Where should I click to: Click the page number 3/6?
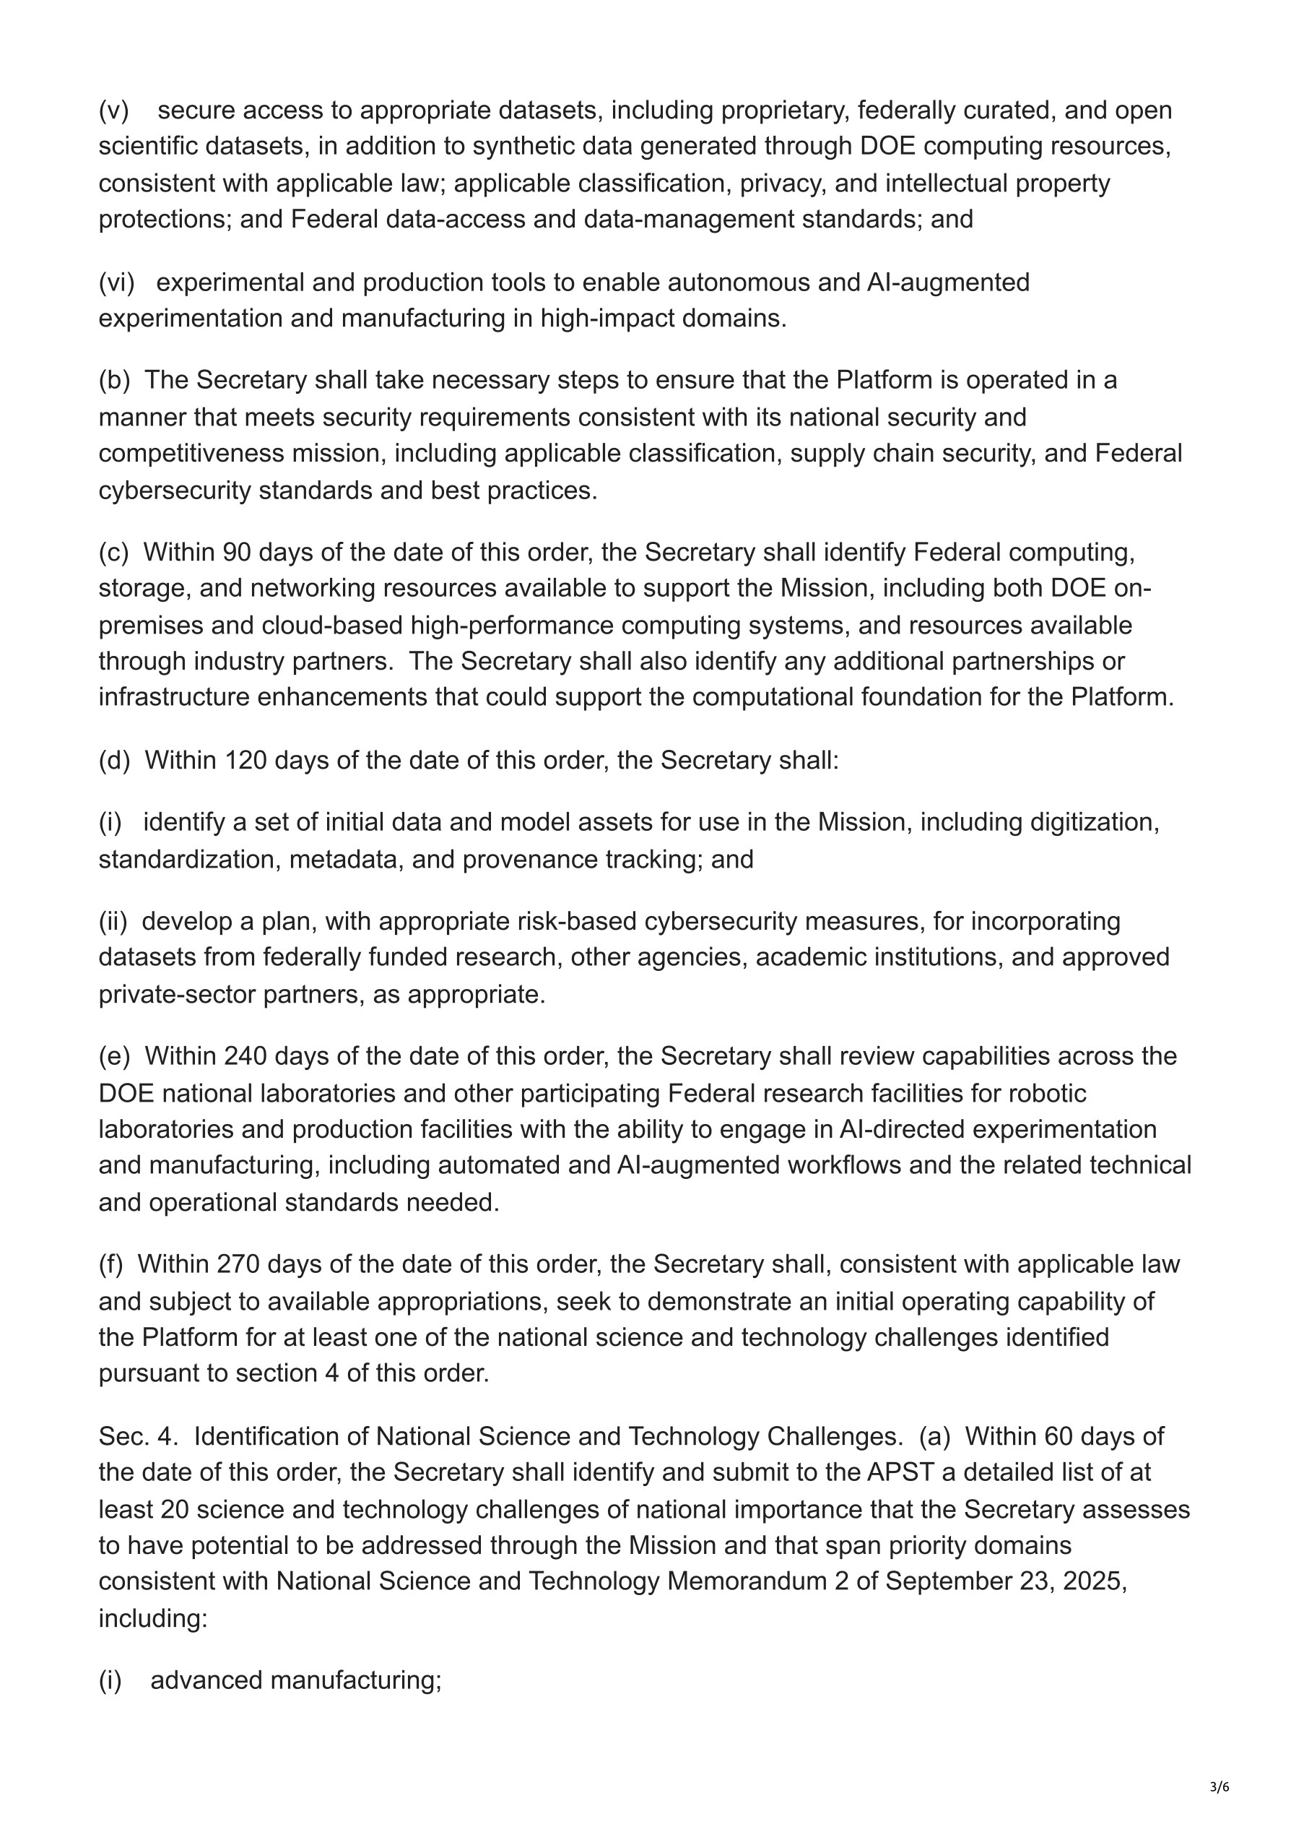1219,1787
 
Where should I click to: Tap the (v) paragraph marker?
114,110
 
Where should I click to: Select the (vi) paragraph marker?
116,282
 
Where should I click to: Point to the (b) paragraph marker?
114,379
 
